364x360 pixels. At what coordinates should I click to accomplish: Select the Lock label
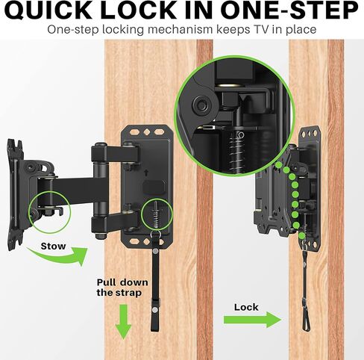246,307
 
